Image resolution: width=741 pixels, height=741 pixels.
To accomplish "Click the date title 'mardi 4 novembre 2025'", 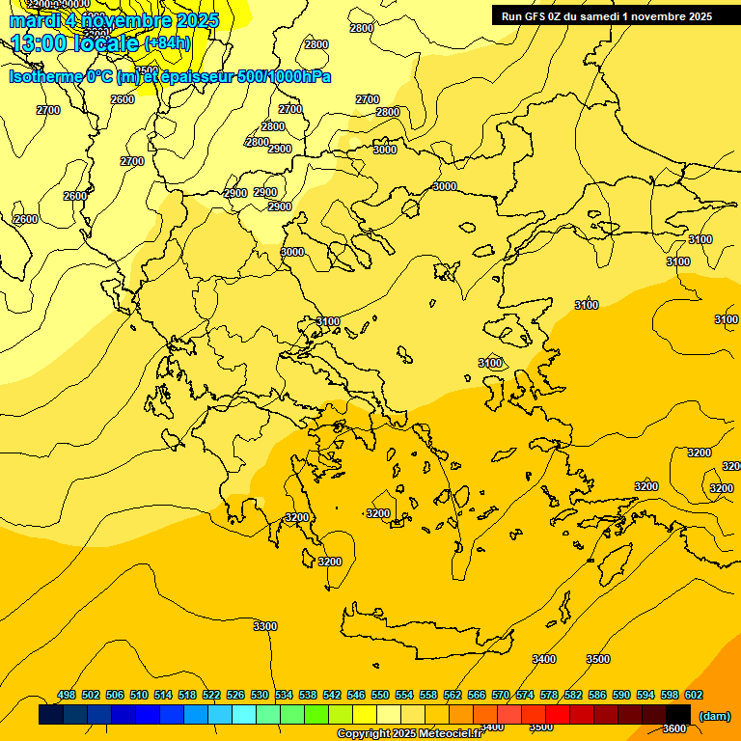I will coord(114,20).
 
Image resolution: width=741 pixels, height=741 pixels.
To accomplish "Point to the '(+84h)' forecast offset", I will coord(168,43).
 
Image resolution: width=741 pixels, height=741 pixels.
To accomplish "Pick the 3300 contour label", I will coord(265,626).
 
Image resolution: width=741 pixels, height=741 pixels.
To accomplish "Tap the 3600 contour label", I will coord(674,728).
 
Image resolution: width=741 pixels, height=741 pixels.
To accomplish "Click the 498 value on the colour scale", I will coord(67,695).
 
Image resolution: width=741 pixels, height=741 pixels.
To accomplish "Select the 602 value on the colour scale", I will coord(694,695).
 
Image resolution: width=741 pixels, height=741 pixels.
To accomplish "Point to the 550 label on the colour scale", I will coord(380,695).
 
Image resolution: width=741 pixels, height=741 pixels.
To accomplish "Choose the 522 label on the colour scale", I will coord(211,695).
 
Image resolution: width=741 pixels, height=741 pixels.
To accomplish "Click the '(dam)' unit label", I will coord(714,715).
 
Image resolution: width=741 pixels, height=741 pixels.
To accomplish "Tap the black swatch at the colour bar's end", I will coord(677,714).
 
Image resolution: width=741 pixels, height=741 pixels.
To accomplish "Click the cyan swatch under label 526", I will coord(244,714).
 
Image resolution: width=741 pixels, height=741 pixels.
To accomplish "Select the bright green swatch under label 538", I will coord(316,714).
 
